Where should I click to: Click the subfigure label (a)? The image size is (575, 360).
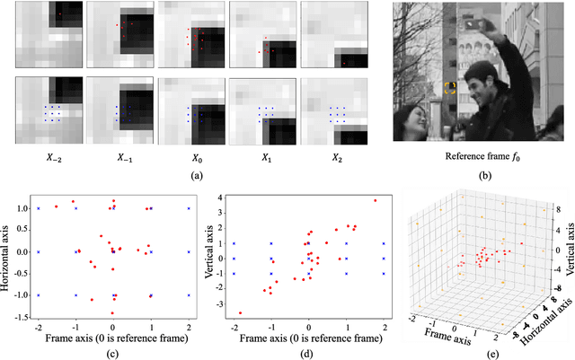tap(191, 177)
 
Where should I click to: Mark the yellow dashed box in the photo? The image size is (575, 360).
tap(450, 88)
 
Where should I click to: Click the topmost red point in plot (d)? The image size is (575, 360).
tap(374, 200)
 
